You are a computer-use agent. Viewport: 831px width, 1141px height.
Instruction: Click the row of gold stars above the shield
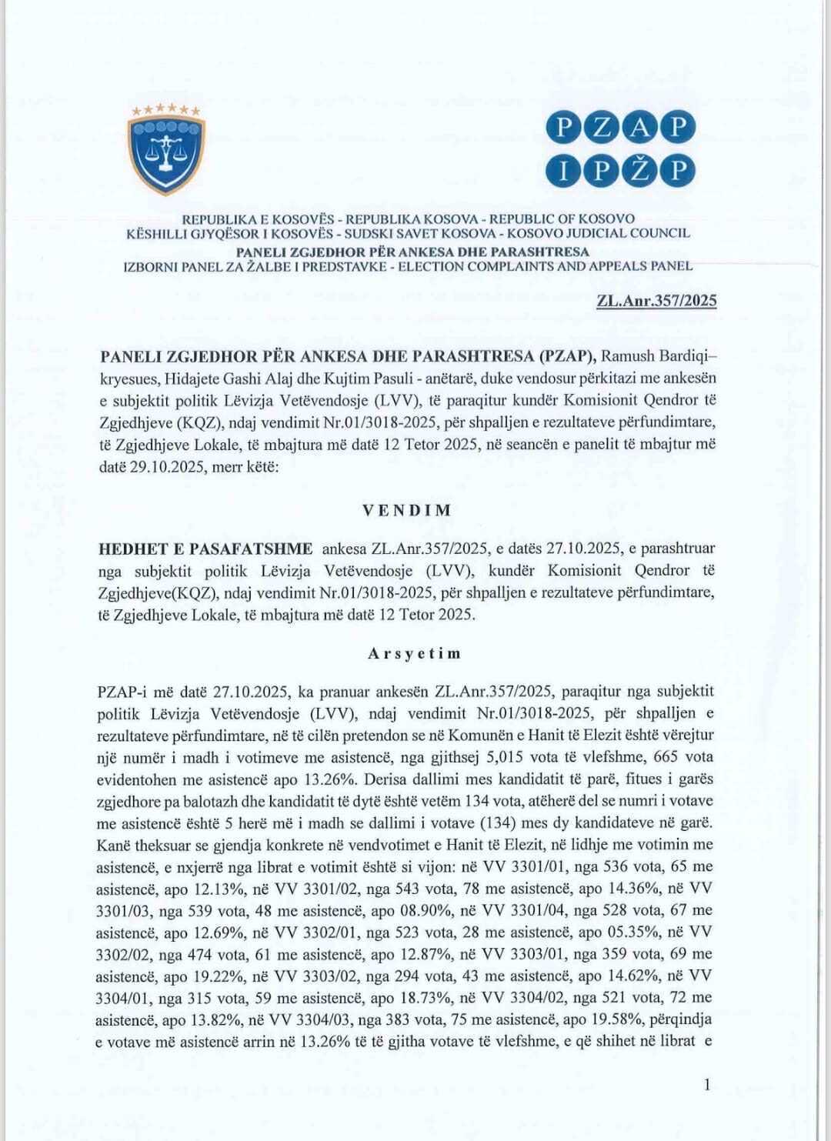tap(165, 110)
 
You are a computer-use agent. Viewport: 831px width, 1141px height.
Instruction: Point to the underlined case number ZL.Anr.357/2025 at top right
tap(656, 300)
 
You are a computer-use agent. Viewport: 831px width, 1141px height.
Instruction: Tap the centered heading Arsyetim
tap(414, 653)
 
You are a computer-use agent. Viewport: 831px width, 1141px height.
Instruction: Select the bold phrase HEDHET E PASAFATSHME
tap(205, 549)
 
